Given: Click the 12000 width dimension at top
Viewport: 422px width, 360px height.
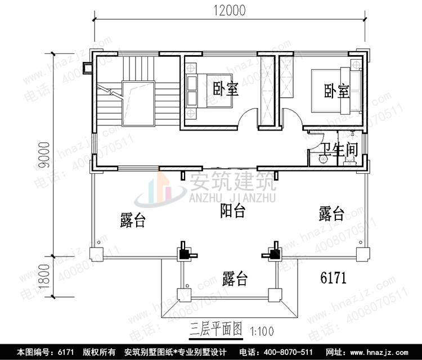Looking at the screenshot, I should [230, 10].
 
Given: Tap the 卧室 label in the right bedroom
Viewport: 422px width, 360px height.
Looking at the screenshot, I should [336, 91].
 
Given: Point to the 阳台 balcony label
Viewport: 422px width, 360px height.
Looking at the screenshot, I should [232, 211].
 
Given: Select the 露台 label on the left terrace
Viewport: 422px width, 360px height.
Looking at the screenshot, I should [133, 220].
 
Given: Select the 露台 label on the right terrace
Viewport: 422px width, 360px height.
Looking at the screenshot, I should [331, 213].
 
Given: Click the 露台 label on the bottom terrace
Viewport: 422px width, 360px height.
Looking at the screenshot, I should [235, 278].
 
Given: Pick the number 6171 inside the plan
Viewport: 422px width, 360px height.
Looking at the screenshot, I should [333, 278].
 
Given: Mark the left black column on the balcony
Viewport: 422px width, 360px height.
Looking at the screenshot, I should [184, 254].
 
